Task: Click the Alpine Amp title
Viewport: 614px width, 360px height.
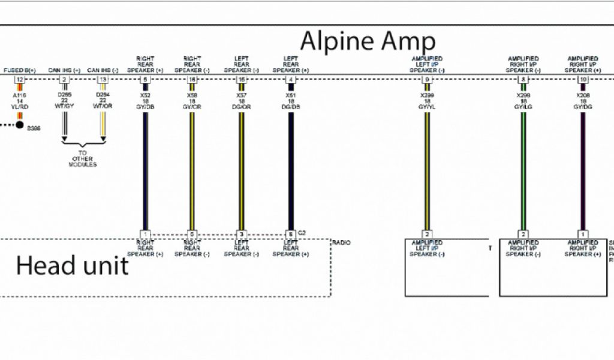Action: coord(367,41)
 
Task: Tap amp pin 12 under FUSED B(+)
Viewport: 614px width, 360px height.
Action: coord(20,80)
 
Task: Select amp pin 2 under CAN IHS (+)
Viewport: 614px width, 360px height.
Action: coord(64,80)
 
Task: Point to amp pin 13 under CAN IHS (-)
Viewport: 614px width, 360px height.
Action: coord(103,80)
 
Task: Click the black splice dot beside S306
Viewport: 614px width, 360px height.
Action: coord(20,125)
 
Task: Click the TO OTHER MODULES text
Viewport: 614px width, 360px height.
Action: coord(83,158)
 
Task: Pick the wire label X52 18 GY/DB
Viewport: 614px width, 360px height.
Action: coord(145,100)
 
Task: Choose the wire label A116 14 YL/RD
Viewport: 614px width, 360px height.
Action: coord(20,101)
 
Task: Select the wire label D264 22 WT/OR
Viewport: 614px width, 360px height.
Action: coord(103,101)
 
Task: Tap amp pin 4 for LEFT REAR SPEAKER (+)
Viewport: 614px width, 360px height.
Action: coord(291,80)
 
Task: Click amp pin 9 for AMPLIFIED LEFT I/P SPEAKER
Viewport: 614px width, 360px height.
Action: coord(427,80)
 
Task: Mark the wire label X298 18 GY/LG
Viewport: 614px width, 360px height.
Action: coord(523,100)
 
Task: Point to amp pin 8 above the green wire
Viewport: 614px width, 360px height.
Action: coord(523,80)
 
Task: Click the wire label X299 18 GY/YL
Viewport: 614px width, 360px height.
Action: coord(427,100)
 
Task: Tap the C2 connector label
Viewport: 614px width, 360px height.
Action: coord(302,232)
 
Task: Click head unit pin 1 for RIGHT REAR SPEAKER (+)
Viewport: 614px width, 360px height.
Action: coord(145,234)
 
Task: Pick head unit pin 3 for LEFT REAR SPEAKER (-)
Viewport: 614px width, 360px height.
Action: coord(242,234)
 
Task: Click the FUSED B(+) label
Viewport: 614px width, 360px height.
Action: coord(20,71)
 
